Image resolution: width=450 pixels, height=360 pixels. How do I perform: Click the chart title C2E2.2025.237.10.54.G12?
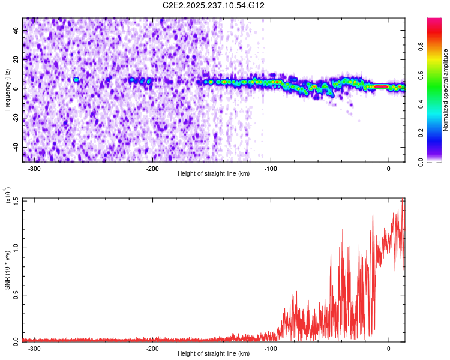click(214, 5)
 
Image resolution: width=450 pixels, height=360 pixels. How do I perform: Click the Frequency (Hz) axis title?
click(7, 89)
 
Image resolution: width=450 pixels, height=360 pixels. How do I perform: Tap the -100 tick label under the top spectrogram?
click(270, 168)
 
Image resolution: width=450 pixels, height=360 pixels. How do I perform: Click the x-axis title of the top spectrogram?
click(214, 174)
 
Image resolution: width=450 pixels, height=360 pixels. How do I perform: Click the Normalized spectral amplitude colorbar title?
click(446, 90)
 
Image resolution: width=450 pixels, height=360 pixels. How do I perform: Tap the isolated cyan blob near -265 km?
click(76, 80)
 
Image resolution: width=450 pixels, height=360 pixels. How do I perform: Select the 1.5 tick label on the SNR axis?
click(15, 200)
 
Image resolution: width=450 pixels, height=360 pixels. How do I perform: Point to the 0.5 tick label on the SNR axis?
click(15, 294)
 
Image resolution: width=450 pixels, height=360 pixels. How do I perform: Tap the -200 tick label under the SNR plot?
click(152, 348)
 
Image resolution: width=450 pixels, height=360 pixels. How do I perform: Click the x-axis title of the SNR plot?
click(214, 354)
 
